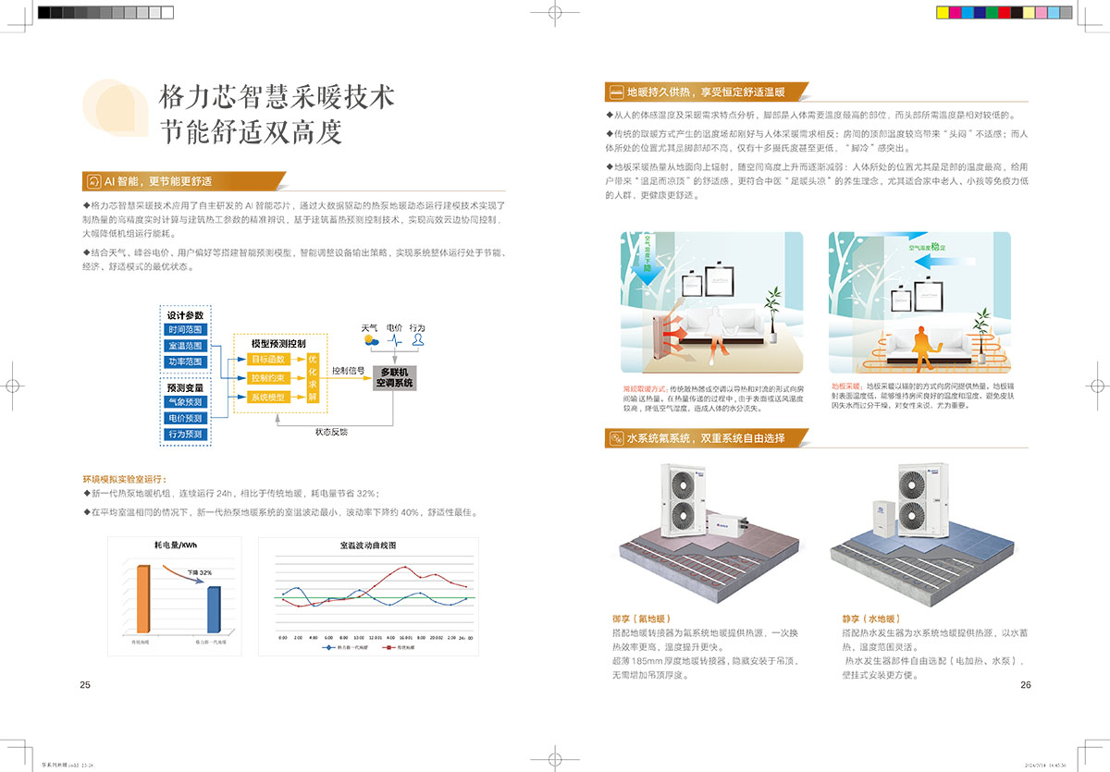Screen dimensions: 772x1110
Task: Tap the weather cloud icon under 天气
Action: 371,339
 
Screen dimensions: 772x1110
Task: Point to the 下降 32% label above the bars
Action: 200,573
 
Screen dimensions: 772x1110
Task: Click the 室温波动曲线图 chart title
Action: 368,546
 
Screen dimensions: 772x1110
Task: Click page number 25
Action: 85,685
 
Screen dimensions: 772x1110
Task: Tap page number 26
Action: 1025,685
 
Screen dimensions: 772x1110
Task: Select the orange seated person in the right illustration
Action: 920,343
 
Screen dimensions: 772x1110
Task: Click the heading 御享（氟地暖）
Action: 640,619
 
